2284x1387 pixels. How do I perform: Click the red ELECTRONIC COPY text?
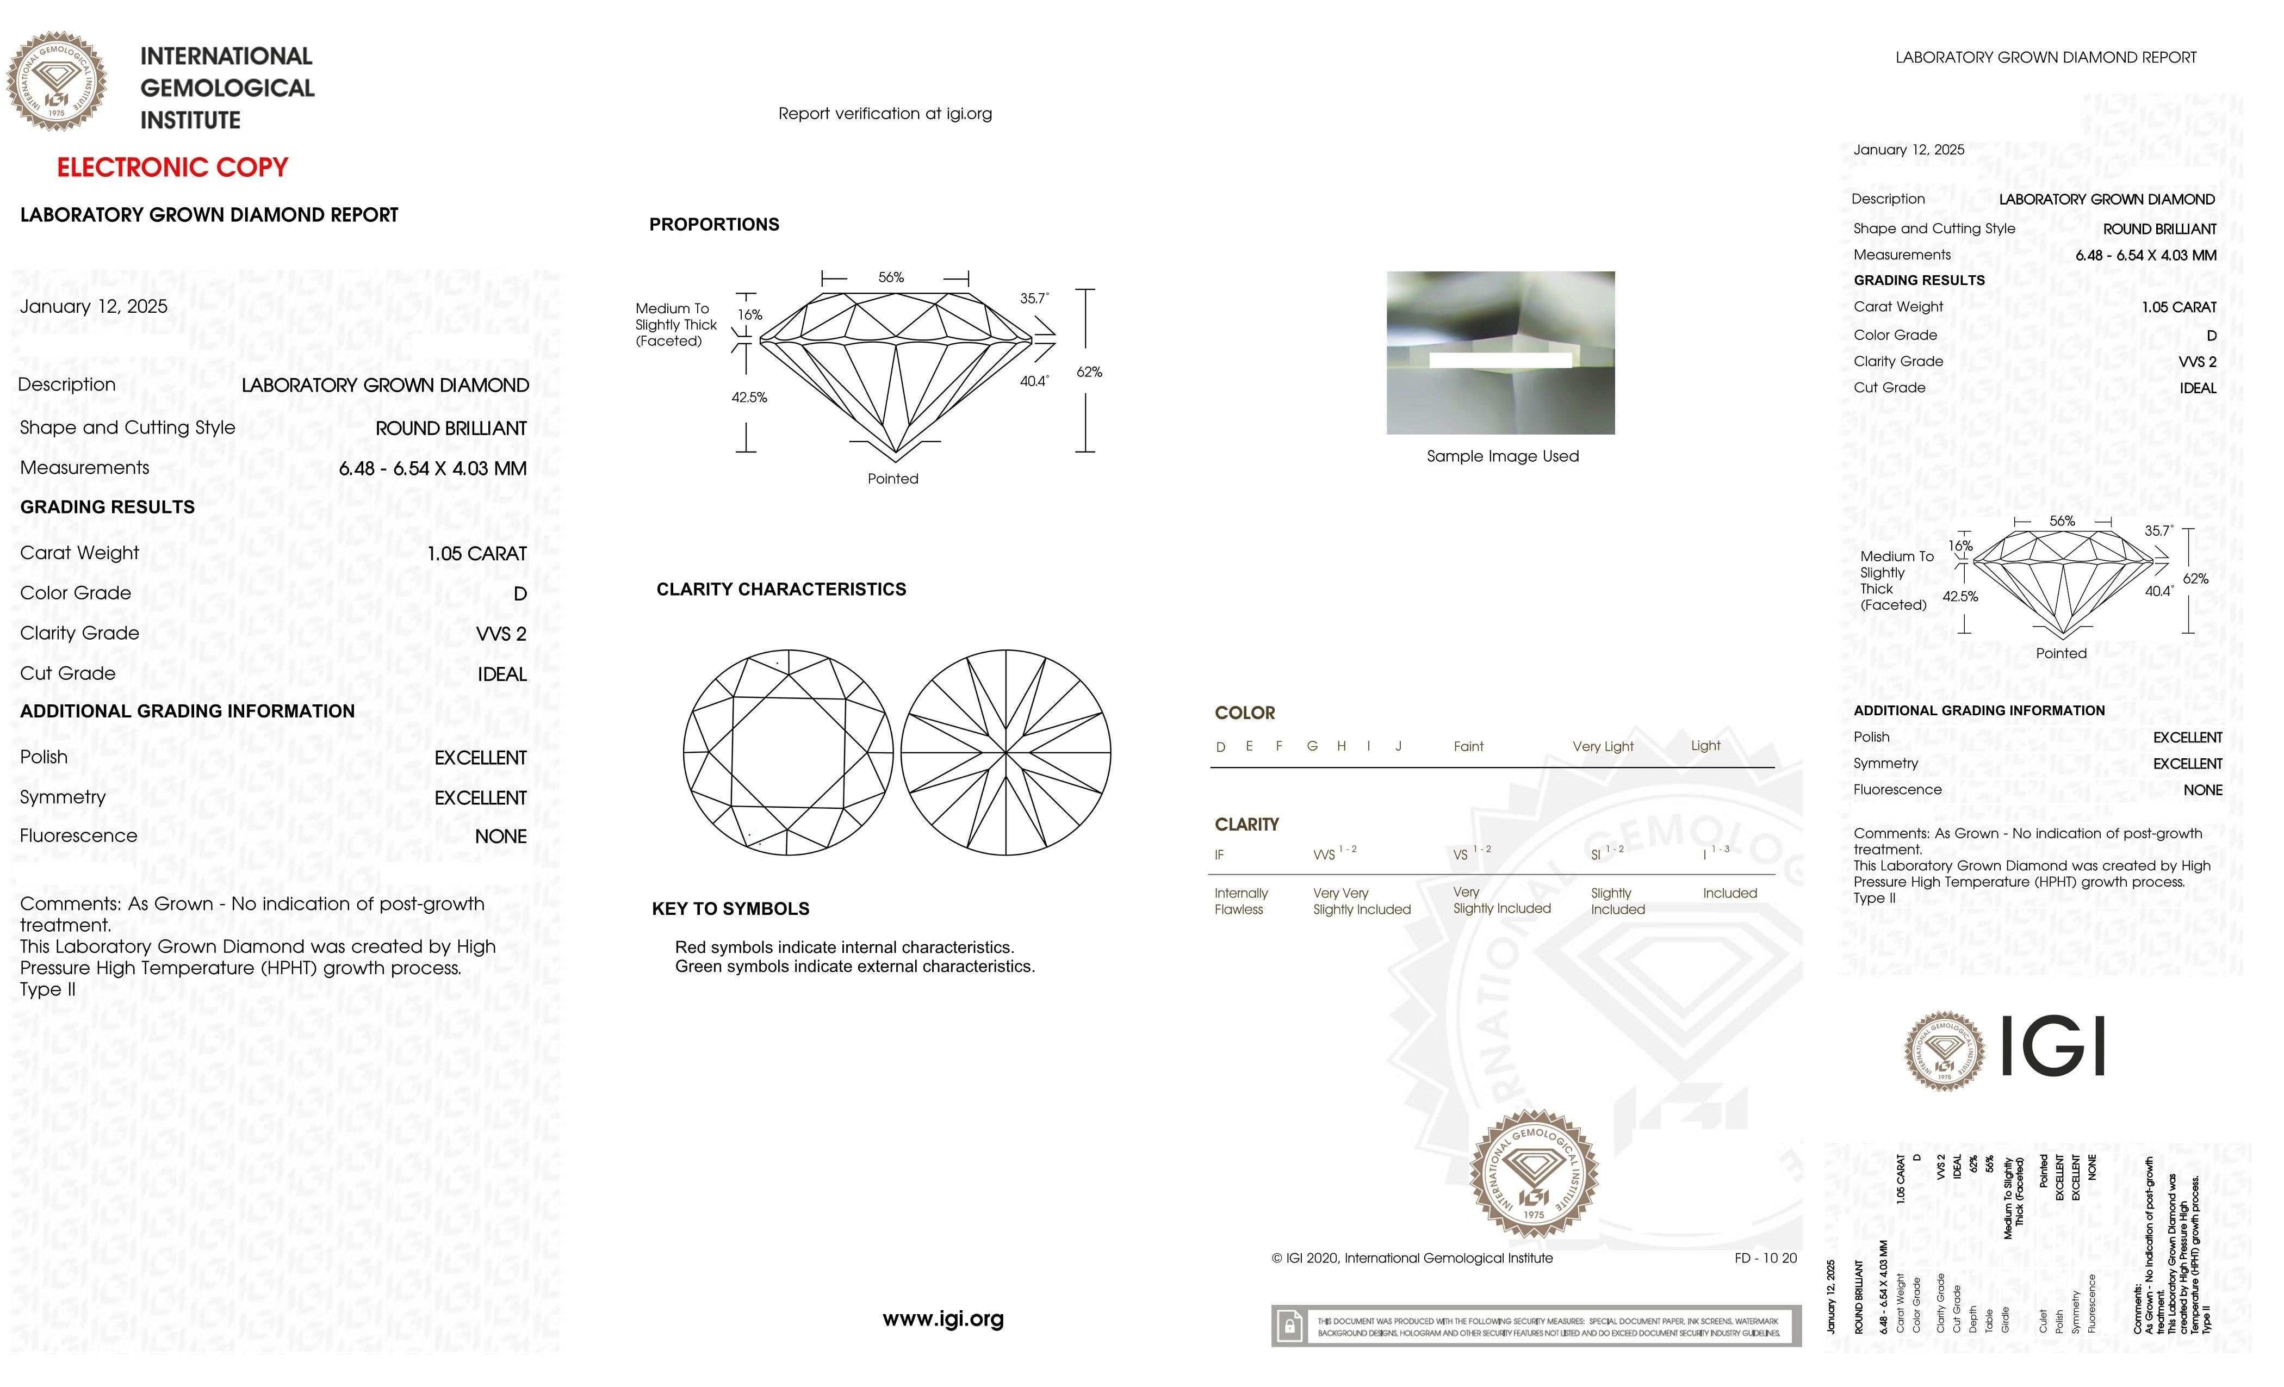tap(172, 168)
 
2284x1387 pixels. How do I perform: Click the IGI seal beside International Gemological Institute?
tap(57, 82)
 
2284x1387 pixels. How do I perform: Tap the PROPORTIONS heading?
tap(713, 224)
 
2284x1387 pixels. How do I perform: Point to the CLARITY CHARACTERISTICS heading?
tap(780, 590)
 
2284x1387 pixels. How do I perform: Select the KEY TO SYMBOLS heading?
tap(730, 908)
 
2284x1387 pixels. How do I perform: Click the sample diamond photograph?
tap(1500, 352)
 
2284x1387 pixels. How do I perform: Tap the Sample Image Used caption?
tap(1501, 456)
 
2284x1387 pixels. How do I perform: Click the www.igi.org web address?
tap(943, 1318)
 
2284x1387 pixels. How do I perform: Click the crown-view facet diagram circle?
tap(788, 752)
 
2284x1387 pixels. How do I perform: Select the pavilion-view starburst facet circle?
tap(1006, 752)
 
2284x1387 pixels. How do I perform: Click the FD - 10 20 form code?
tap(1765, 1258)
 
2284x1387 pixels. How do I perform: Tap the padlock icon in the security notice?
tap(1288, 1327)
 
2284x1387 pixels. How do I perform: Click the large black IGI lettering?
tap(2053, 1046)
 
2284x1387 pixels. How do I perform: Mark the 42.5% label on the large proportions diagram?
tap(749, 398)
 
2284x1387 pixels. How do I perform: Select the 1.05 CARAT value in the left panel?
tap(476, 554)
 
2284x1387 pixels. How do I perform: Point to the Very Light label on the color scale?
tap(1603, 746)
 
